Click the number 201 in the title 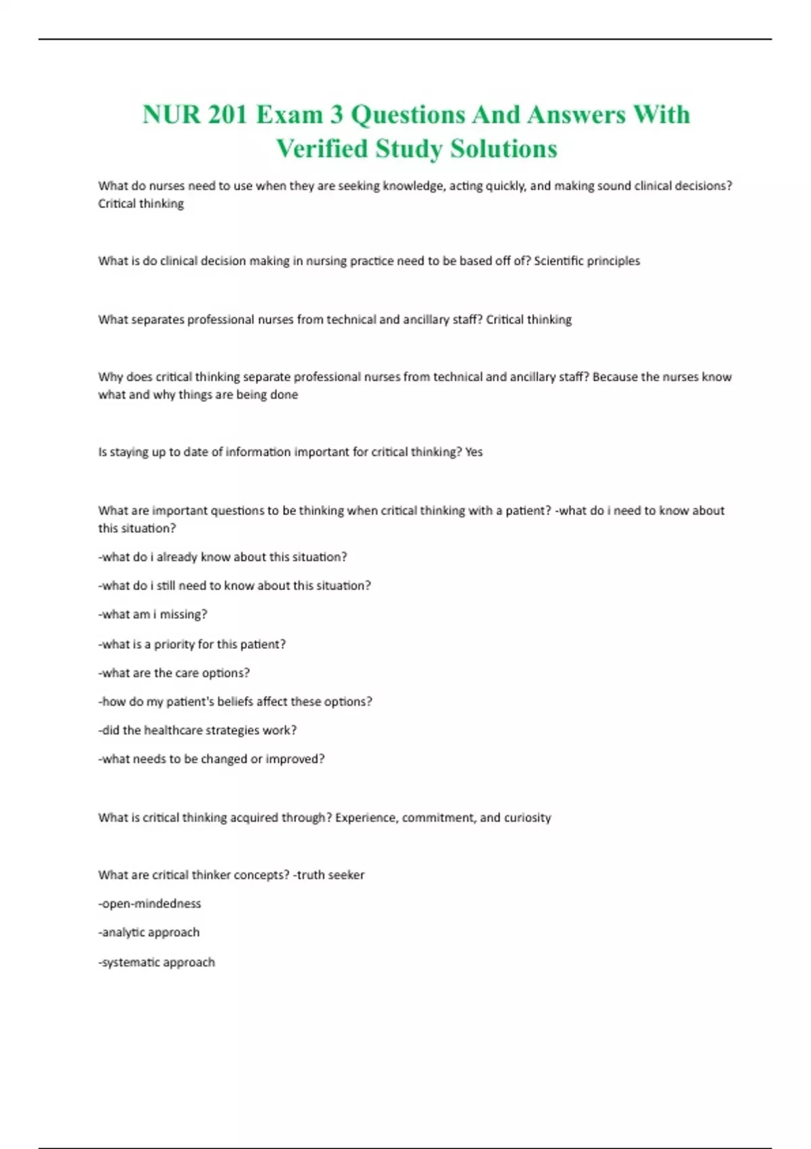pyautogui.click(x=228, y=115)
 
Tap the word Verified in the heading pyautogui.click(x=322, y=149)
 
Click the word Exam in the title pyautogui.click(x=289, y=115)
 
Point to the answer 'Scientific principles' pyautogui.click(x=587, y=261)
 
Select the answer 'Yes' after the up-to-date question pyautogui.click(x=474, y=452)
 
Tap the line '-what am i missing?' pyautogui.click(x=153, y=614)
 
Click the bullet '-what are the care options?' pyautogui.click(x=174, y=673)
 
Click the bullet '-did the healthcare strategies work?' pyautogui.click(x=197, y=731)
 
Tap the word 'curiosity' pyautogui.click(x=527, y=818)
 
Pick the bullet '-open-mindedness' pyautogui.click(x=149, y=904)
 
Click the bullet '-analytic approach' pyautogui.click(x=149, y=933)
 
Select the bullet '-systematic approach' pyautogui.click(x=157, y=962)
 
